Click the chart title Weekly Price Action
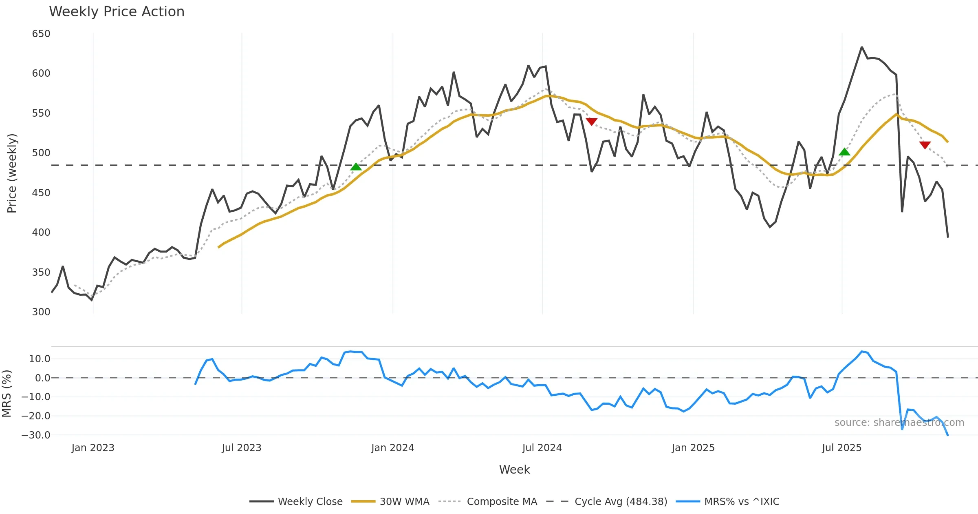click(117, 12)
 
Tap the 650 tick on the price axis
click(41, 34)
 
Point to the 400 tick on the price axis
click(41, 233)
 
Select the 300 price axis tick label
click(41, 312)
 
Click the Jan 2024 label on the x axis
click(392, 448)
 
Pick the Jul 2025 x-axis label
click(841, 448)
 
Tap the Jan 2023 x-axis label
click(93, 448)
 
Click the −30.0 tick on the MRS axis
click(36, 435)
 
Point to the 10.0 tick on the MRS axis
click(40, 359)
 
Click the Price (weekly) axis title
click(12, 173)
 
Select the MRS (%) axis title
click(7, 394)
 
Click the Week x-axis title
click(514, 470)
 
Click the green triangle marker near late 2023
click(356, 167)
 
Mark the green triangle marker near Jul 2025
click(845, 152)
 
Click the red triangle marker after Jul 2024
click(592, 122)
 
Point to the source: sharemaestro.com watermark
click(899, 423)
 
